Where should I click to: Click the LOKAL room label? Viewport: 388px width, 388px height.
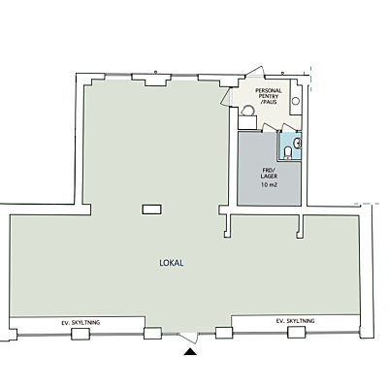(x=172, y=263)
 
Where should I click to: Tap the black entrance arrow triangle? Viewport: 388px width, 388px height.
(x=190, y=352)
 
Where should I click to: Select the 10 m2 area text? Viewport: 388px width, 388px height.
(x=269, y=185)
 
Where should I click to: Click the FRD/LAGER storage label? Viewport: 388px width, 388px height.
(x=269, y=174)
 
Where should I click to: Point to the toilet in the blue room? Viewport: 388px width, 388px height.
(x=287, y=152)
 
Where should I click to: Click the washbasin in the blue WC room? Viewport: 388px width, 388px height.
(x=298, y=143)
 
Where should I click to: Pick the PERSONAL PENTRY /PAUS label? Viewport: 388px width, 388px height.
(x=269, y=96)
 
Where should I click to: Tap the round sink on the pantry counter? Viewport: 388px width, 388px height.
(x=296, y=101)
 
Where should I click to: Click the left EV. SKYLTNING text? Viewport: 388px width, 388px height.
(x=81, y=323)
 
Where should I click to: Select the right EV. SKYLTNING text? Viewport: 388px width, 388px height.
(x=295, y=321)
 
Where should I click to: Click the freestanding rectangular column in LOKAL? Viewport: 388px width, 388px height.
(x=152, y=210)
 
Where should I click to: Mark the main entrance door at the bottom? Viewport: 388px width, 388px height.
(x=189, y=338)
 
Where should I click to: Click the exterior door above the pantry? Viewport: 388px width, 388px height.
(x=255, y=72)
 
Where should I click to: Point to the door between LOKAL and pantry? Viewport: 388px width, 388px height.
(x=226, y=96)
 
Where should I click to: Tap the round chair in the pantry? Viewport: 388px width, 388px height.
(x=248, y=111)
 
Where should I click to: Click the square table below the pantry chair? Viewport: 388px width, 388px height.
(x=247, y=122)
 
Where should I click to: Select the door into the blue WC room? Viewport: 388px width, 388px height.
(x=287, y=127)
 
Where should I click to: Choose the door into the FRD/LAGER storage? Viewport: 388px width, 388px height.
(x=268, y=127)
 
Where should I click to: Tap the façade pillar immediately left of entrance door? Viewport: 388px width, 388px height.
(x=152, y=333)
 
